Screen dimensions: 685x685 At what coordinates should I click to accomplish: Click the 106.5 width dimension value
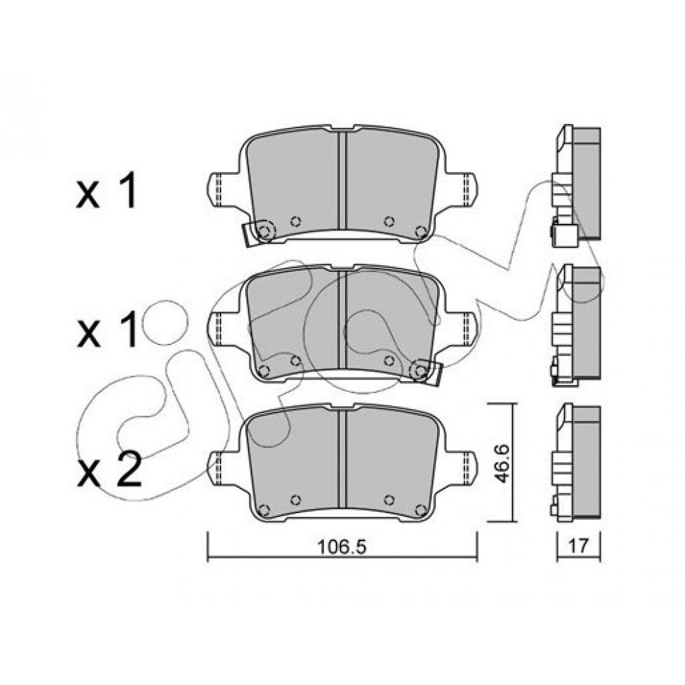[x=341, y=546]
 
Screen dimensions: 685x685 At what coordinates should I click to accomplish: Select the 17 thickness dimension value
[x=578, y=546]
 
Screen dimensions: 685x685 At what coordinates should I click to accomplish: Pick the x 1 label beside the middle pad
[x=107, y=330]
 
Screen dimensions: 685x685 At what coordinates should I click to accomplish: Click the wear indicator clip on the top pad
[x=258, y=233]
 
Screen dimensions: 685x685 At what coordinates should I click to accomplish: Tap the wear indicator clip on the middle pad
[x=427, y=372]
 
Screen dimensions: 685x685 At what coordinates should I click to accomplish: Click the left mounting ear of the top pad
[x=223, y=190]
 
